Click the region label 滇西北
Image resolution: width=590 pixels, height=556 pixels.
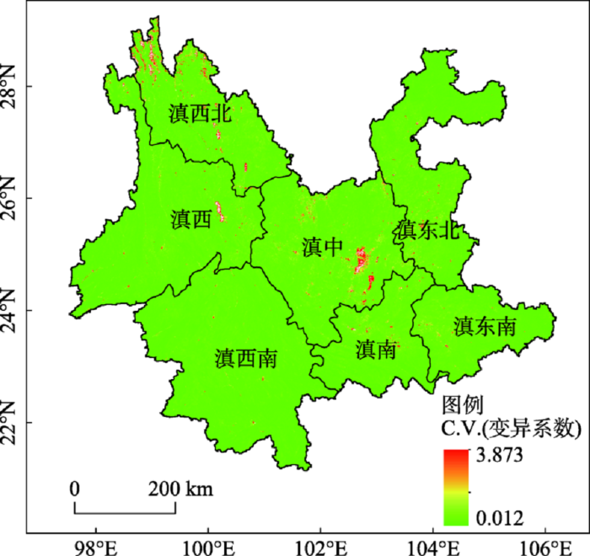(x=200, y=115)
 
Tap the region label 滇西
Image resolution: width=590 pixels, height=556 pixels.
(x=190, y=220)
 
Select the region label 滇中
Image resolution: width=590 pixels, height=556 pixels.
(x=322, y=246)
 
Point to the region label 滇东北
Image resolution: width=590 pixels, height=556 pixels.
(x=428, y=230)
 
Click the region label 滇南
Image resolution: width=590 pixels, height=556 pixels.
(x=376, y=350)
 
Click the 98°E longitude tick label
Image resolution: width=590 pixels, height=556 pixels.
(x=94, y=543)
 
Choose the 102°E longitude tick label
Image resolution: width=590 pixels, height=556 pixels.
(x=319, y=543)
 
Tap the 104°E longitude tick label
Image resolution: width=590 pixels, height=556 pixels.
(x=432, y=543)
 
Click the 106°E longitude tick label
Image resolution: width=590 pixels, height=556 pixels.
(x=544, y=543)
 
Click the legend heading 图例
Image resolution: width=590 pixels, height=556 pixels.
(x=461, y=404)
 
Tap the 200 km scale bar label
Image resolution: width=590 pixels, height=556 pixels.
(x=181, y=489)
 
